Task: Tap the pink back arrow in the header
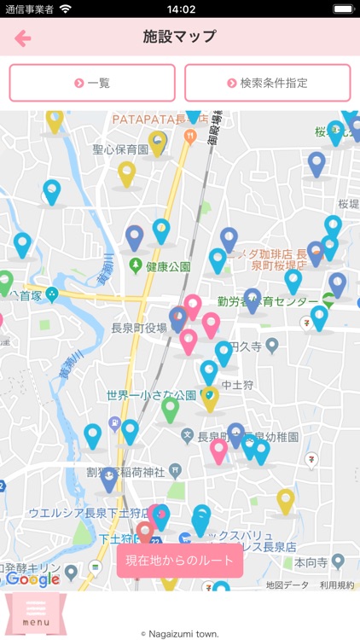[x=23, y=38]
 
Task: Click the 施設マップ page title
[x=180, y=37]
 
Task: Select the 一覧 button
[x=92, y=83]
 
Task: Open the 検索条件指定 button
[x=267, y=83]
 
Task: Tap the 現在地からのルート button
[x=180, y=561]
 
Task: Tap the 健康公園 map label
[x=168, y=267]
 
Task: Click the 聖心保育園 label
[x=120, y=149]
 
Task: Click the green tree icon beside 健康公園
[x=135, y=267]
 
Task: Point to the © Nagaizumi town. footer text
[x=180, y=634]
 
